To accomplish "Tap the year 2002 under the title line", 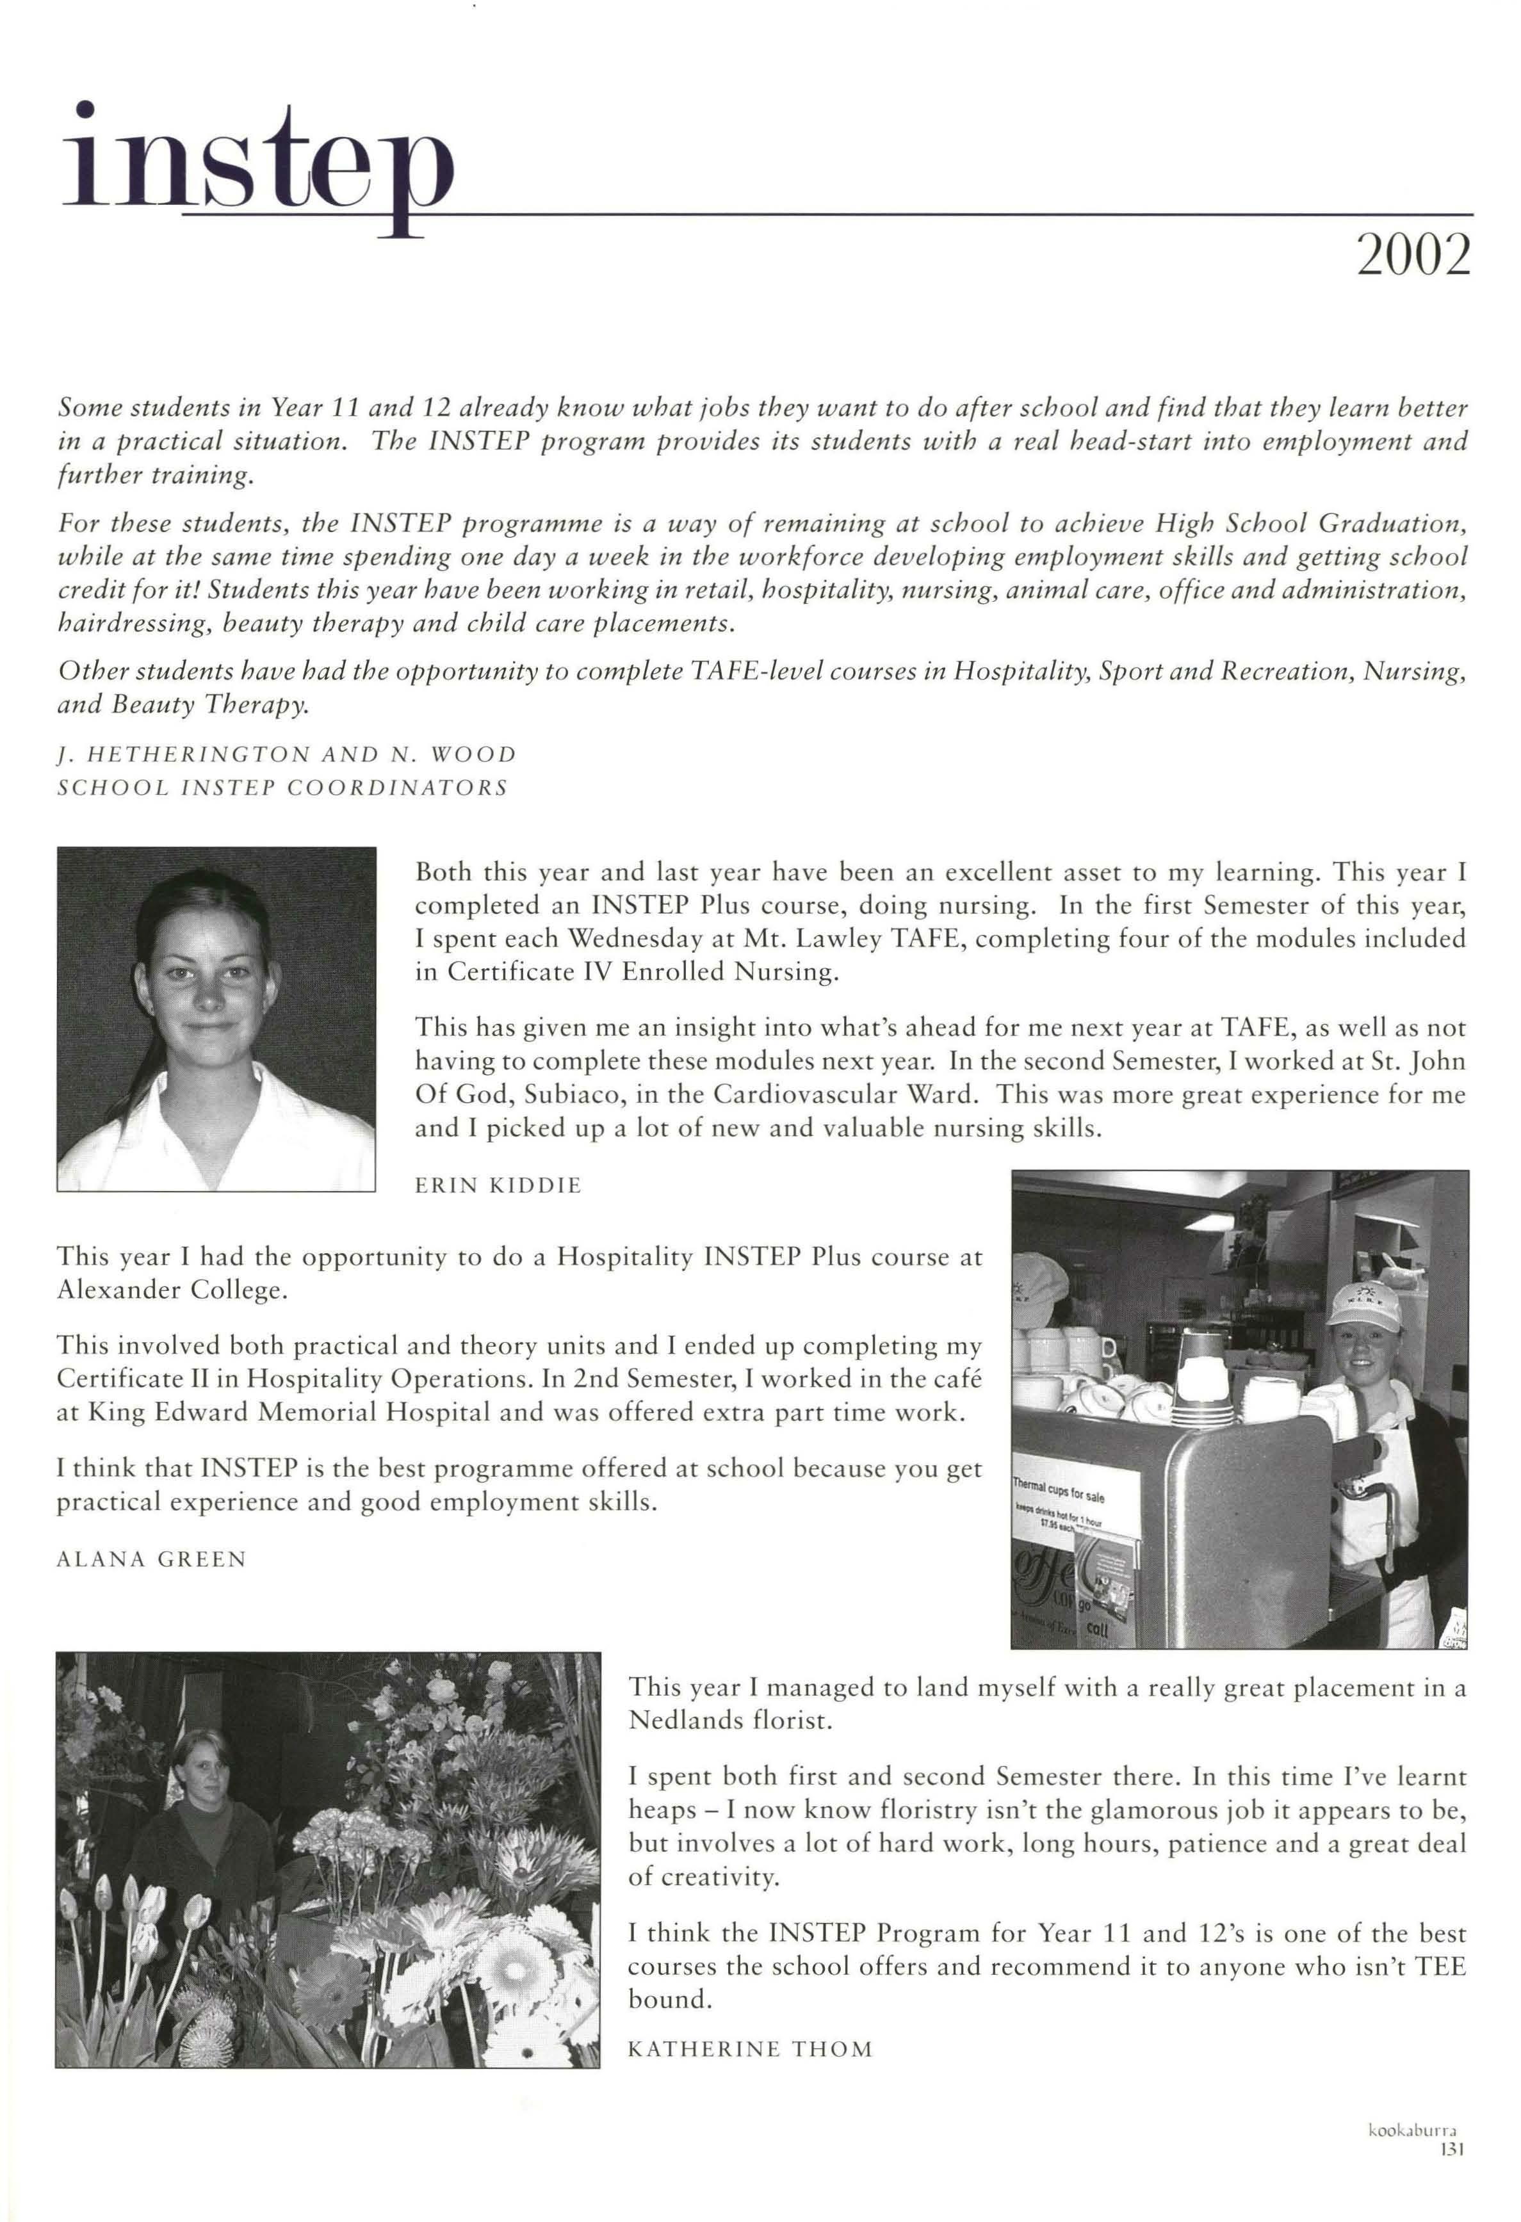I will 1413,255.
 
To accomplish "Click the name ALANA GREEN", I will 152,1559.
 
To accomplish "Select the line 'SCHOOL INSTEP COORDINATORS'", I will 283,788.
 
